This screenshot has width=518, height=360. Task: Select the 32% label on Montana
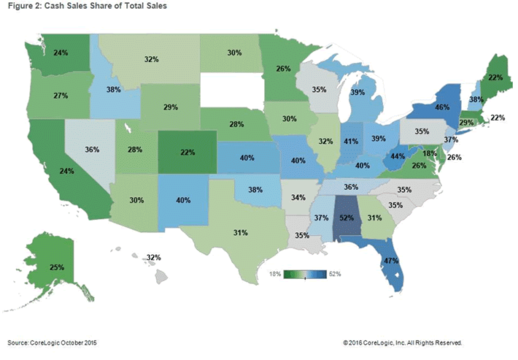click(152, 58)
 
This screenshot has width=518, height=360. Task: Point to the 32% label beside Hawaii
click(153, 258)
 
